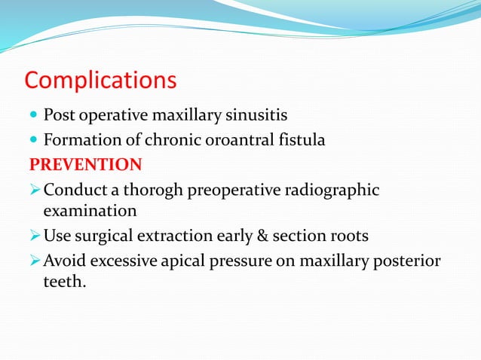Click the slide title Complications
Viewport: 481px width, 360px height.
click(101, 80)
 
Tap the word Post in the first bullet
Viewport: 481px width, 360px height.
click(57, 116)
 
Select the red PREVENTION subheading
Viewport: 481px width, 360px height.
click(85, 164)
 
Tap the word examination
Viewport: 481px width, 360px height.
click(90, 211)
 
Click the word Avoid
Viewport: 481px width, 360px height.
click(63, 260)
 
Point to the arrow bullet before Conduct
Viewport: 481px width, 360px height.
click(35, 188)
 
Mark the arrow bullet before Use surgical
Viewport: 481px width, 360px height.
click(35, 236)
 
